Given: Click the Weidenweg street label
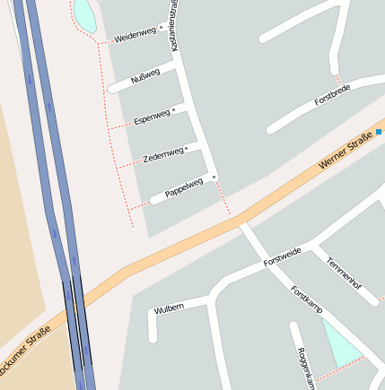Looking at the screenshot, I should (136, 34).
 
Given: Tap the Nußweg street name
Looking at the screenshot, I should (145, 75).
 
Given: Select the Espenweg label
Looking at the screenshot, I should (151, 116).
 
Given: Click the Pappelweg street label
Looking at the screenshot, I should (183, 187).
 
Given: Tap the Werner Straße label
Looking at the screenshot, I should (346, 151).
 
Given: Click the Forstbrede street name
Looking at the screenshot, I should (332, 96).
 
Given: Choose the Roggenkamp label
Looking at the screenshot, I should (306, 368).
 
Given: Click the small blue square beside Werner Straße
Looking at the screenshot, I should (379, 132).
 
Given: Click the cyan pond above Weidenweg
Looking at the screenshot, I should (83, 13).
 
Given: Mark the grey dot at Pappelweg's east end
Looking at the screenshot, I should (214, 178).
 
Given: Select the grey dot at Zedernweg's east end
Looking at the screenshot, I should (187, 148).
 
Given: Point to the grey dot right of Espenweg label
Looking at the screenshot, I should (174, 109).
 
